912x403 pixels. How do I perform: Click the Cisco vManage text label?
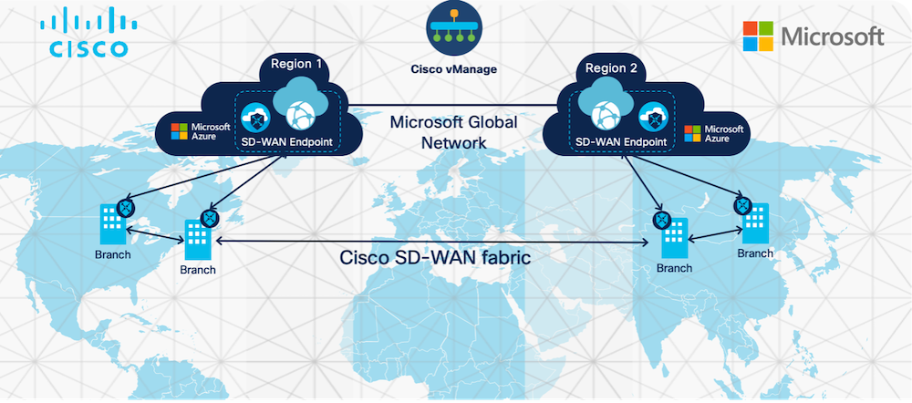pyautogui.click(x=453, y=68)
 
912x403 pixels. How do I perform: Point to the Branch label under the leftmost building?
pyautogui.click(x=113, y=253)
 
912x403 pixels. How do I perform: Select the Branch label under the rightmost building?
pyautogui.click(x=757, y=253)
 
